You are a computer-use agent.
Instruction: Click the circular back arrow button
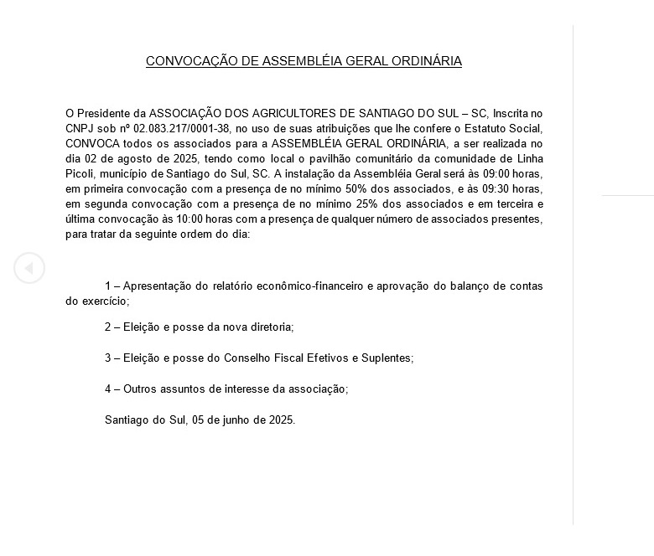point(29,268)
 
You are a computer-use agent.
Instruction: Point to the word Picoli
point(81,173)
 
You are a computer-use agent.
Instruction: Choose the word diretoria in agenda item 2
point(267,327)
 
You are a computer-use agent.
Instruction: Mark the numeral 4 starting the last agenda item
point(107,389)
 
